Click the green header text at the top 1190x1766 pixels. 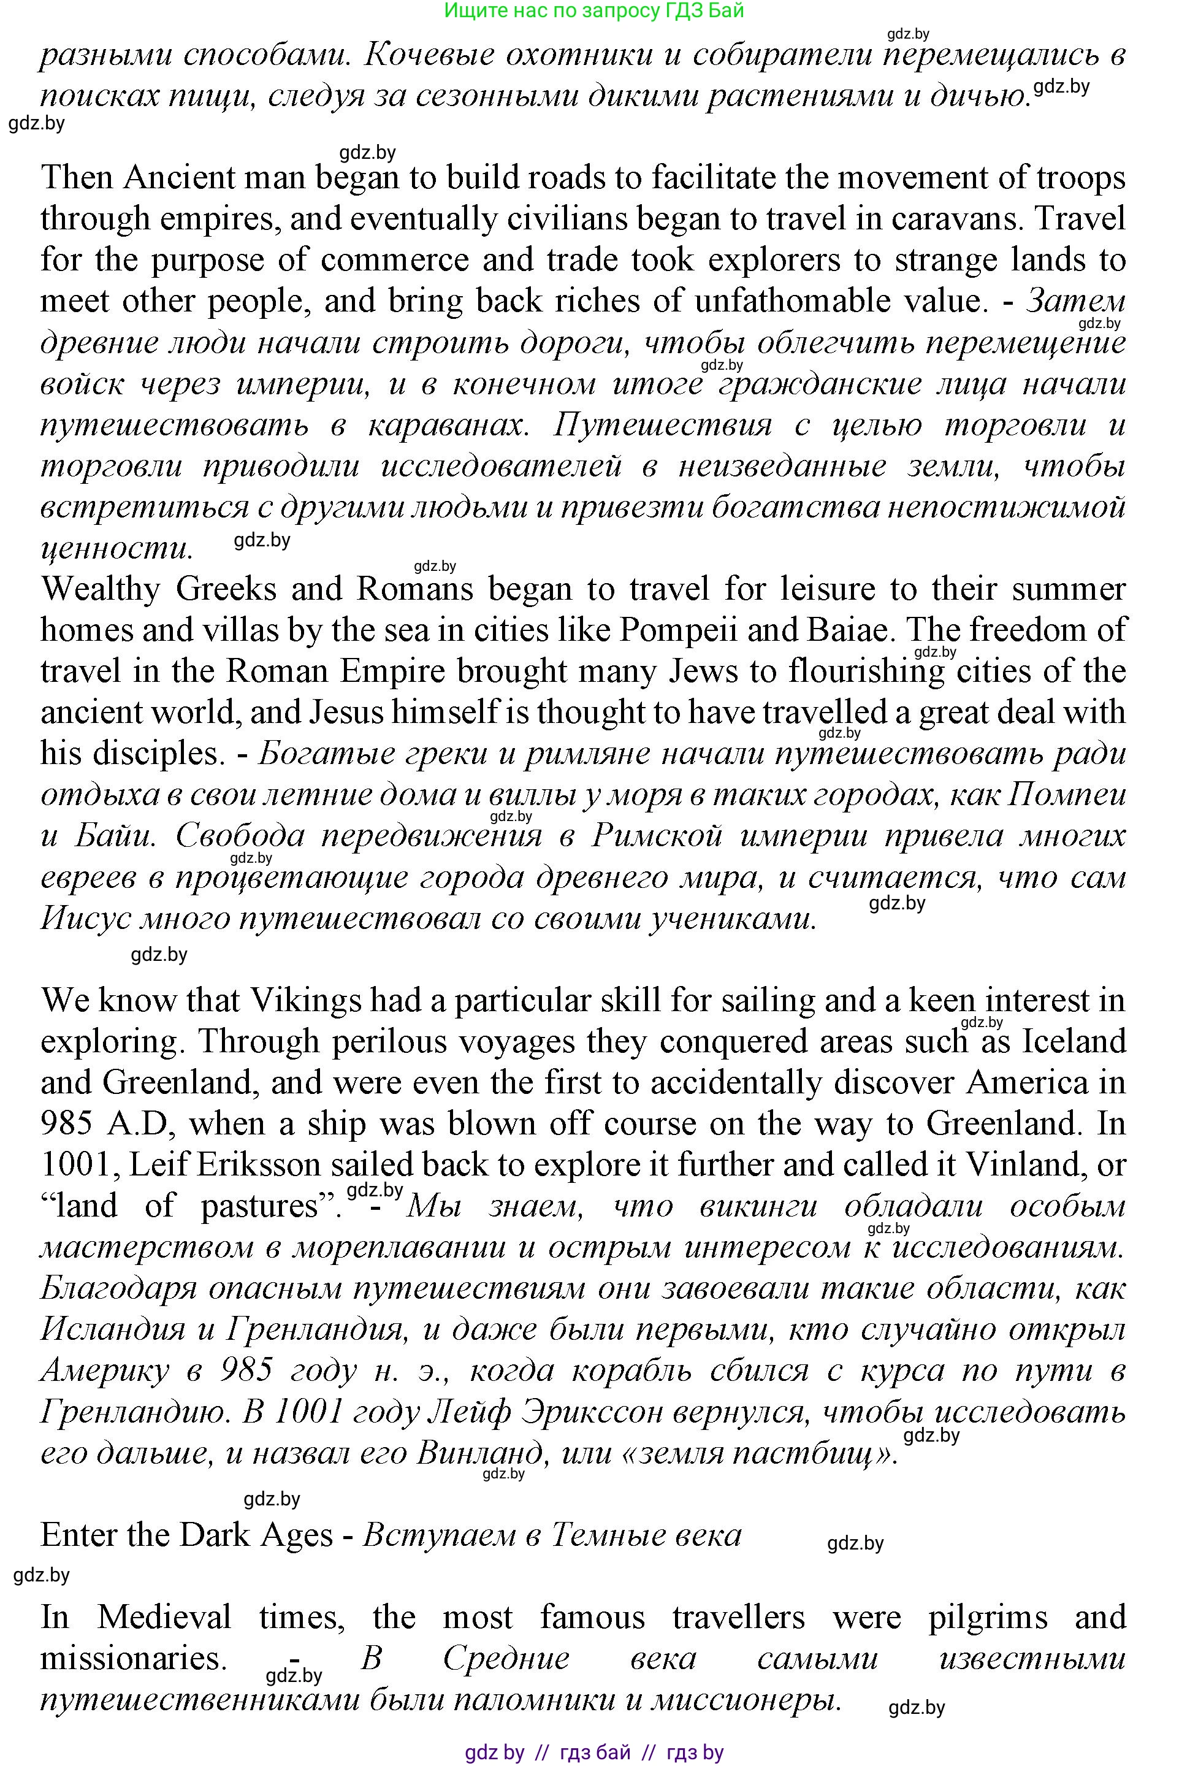pos(593,10)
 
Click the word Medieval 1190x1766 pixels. pos(164,1616)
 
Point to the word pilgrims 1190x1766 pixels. pos(987,1616)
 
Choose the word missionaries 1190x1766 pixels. pos(134,1657)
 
